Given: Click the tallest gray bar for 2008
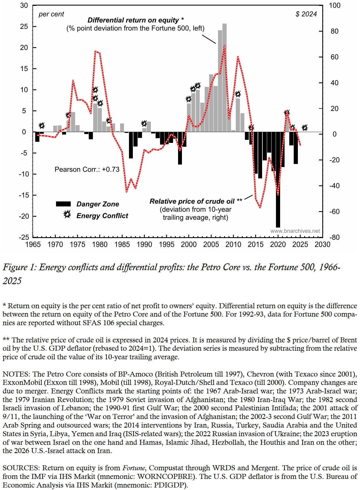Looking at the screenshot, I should click(x=224, y=78).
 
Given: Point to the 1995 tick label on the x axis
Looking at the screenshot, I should click(x=166, y=245).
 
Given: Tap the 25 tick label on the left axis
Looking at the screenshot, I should click(x=24, y=27).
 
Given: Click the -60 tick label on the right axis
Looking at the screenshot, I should click(x=334, y=212).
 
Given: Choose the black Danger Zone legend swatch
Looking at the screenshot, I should click(x=63, y=204).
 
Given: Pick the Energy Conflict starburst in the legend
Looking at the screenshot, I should click(x=67, y=214).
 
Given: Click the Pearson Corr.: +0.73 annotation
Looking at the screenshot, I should click(x=87, y=170).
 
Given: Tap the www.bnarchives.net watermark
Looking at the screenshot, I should click(x=295, y=231).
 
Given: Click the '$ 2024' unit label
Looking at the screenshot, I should click(x=306, y=14).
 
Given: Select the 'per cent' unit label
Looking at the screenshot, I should click(x=51, y=14).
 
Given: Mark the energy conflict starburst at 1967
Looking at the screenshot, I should click(x=42, y=126).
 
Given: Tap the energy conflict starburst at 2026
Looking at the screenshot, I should click(x=305, y=128).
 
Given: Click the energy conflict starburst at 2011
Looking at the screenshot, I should click(x=238, y=94).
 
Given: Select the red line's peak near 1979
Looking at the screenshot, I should click(x=95, y=51).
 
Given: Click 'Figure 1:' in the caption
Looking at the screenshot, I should click(x=19, y=267).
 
